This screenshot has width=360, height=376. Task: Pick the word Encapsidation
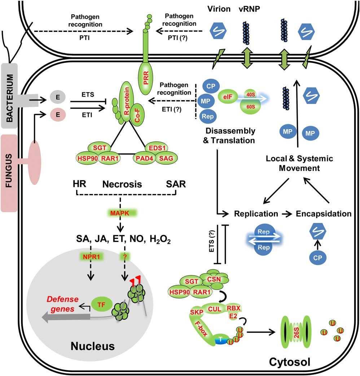[x=323, y=214]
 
